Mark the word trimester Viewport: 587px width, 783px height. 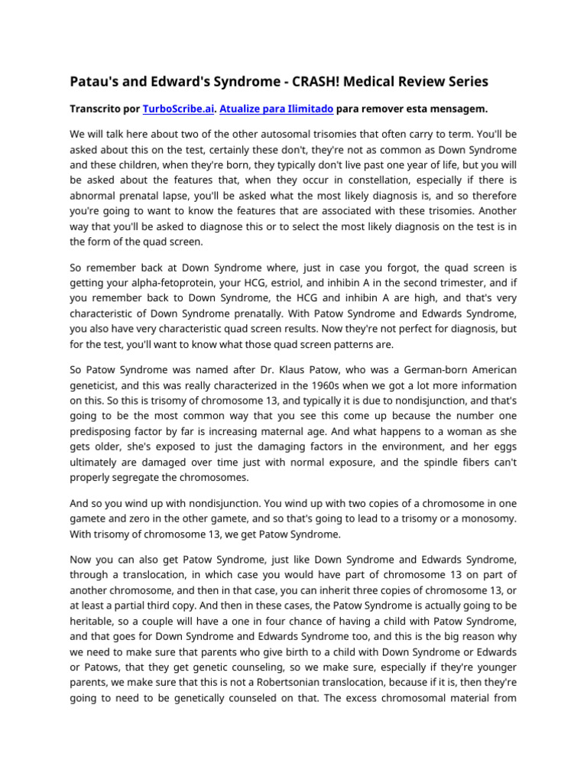pos(478,284)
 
